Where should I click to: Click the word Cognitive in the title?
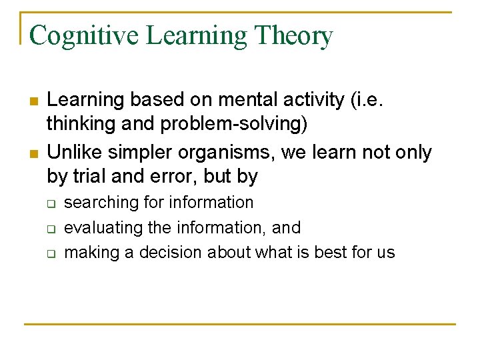[84, 36]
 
